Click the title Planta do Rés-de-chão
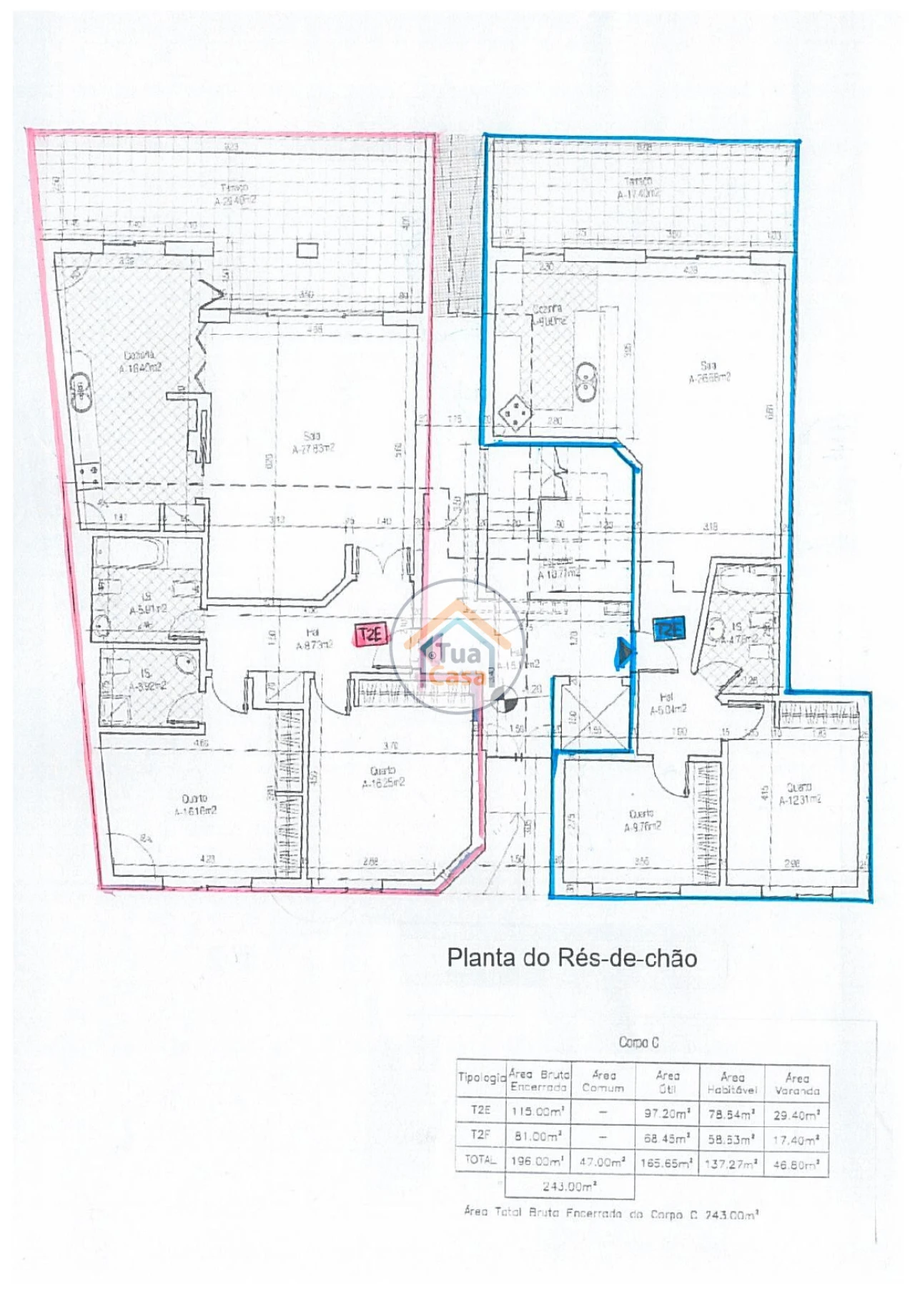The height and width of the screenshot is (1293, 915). pyautogui.click(x=572, y=958)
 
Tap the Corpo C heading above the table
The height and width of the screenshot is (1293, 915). pyautogui.click(x=638, y=1043)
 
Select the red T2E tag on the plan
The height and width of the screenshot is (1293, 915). pyautogui.click(x=372, y=634)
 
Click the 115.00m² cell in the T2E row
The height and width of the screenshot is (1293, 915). pyautogui.click(x=538, y=1112)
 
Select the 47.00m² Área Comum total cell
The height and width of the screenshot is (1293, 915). pyautogui.click(x=603, y=1162)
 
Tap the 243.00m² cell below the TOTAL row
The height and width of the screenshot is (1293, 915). pyautogui.click(x=569, y=1186)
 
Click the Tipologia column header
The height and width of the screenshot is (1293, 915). pyautogui.click(x=481, y=1077)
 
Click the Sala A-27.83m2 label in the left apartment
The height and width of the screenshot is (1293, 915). pyautogui.click(x=313, y=443)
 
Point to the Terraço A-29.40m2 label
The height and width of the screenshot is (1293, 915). pyautogui.click(x=235, y=195)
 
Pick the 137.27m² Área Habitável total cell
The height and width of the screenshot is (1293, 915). pyautogui.click(x=732, y=1164)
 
